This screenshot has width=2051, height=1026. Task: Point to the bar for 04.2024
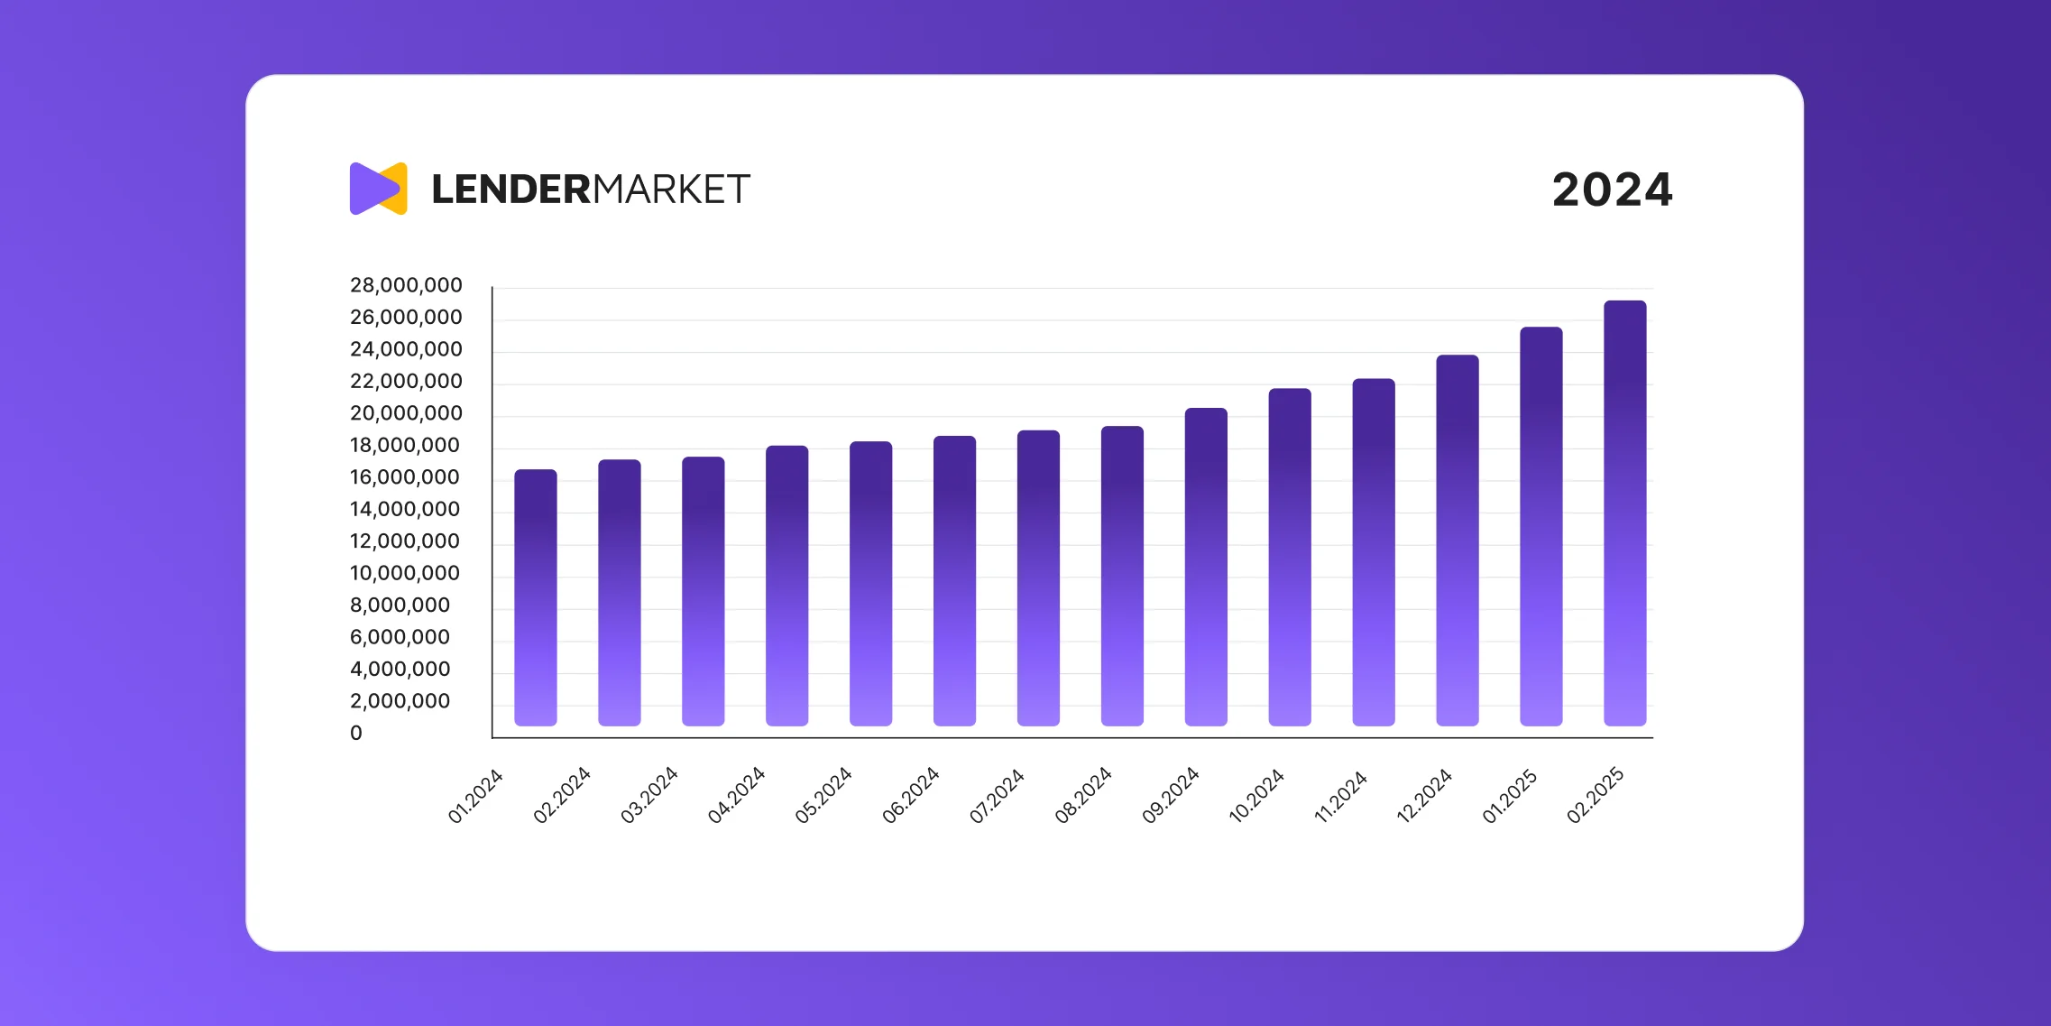click(x=786, y=586)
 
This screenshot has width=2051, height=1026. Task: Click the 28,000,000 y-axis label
click(x=406, y=285)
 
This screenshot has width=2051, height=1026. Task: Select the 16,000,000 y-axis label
click(x=405, y=477)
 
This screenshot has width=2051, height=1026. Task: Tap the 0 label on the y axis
click(x=356, y=734)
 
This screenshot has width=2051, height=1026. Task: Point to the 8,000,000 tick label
click(x=400, y=605)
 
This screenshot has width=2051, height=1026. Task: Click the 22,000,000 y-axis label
click(x=406, y=382)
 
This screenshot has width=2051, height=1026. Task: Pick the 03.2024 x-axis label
click(x=648, y=795)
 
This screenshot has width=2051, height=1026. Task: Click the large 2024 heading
click(x=1612, y=190)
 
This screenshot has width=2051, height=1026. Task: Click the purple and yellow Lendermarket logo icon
click(x=379, y=189)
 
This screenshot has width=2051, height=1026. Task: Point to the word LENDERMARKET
click(x=591, y=189)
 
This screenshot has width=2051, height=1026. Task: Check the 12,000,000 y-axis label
click(x=405, y=541)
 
